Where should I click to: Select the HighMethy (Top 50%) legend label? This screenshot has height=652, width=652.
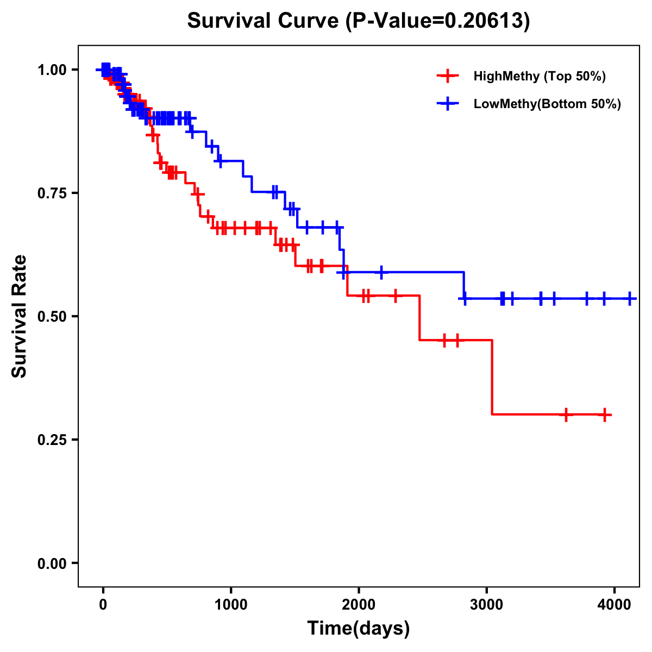[539, 76]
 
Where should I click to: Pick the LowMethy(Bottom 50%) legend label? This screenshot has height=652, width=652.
[547, 104]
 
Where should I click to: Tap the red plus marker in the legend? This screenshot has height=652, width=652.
[447, 76]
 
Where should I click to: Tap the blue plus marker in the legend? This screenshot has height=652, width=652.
[447, 104]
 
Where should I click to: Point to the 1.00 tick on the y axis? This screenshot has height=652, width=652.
[52, 70]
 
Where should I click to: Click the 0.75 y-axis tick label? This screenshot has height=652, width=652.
[52, 193]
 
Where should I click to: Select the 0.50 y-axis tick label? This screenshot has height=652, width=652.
[52, 317]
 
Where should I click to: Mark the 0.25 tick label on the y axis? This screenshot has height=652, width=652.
[52, 440]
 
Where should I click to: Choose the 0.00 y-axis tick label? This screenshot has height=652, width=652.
[52, 563]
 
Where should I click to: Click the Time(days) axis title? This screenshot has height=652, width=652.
[359, 629]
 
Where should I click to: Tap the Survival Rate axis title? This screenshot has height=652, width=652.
[20, 316]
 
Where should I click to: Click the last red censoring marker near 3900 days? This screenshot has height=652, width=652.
[604, 415]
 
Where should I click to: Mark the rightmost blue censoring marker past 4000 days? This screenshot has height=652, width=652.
[630, 298]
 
